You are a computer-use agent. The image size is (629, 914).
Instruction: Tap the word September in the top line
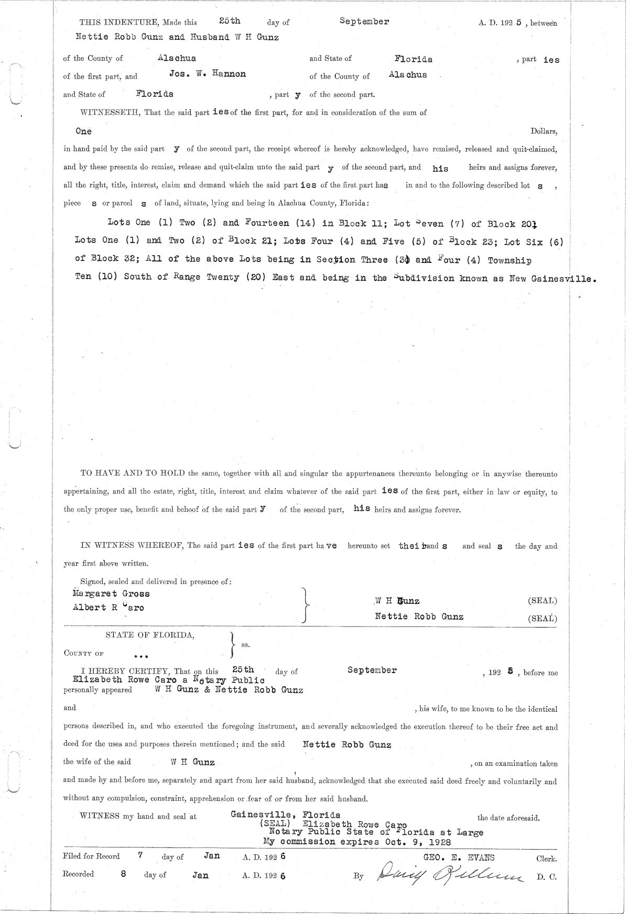[364, 21]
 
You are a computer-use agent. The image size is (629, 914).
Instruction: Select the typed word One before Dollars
[83, 131]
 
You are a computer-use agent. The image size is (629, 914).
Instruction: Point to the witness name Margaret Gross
[111, 594]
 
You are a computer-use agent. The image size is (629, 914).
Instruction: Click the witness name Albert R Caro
[109, 608]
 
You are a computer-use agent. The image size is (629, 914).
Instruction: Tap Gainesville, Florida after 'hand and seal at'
[285, 814]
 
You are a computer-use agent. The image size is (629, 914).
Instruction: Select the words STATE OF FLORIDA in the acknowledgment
[150, 635]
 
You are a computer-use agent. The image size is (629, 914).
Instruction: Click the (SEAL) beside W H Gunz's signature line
[543, 601]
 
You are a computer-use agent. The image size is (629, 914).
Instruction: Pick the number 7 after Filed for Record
[140, 856]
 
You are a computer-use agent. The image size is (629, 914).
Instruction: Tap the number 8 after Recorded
[123, 874]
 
